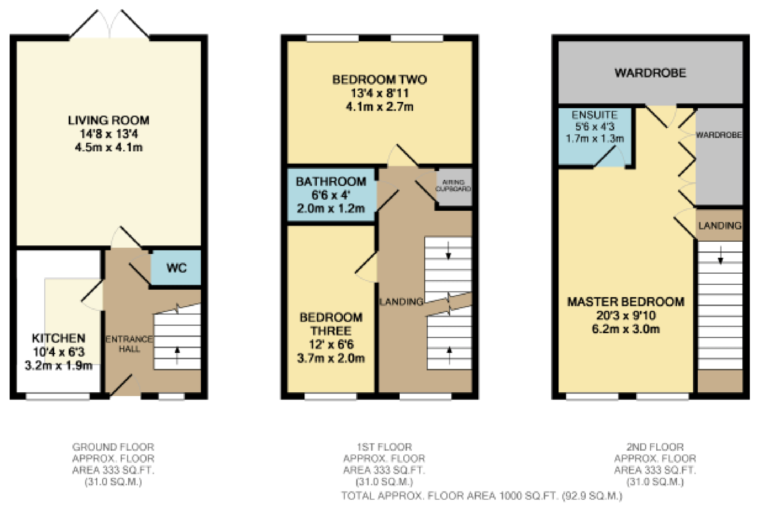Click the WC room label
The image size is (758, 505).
[x=176, y=268]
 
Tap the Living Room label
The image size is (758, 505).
[x=109, y=120]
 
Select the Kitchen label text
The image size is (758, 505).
[x=59, y=338]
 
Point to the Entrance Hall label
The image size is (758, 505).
[x=129, y=344]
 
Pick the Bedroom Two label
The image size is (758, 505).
[x=379, y=80]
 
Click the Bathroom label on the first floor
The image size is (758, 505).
[x=331, y=182]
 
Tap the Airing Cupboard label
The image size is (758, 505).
[x=453, y=186]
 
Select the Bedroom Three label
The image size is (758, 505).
[x=331, y=324]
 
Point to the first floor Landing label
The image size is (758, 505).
[x=401, y=302]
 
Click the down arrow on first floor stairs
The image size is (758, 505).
[x=448, y=251]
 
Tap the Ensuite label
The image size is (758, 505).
[x=594, y=115]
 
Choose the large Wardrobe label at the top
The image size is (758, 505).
[x=650, y=73]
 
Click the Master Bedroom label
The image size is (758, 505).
[x=626, y=302]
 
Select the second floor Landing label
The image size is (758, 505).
[x=720, y=226]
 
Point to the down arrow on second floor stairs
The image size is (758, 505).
[x=720, y=256]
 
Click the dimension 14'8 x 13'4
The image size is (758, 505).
[x=109, y=134]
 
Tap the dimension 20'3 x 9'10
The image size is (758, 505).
[x=626, y=316]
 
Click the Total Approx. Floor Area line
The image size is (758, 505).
[x=482, y=496]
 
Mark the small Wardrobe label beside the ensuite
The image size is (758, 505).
[x=719, y=135]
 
